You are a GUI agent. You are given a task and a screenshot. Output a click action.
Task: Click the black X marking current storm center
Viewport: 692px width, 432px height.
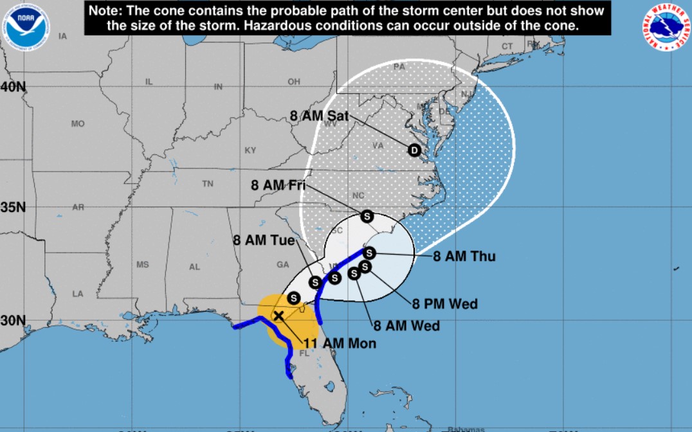tap(279, 316)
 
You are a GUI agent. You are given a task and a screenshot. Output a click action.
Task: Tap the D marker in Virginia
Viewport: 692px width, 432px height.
tap(415, 150)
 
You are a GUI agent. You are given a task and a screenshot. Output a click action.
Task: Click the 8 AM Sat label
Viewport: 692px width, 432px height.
tap(319, 116)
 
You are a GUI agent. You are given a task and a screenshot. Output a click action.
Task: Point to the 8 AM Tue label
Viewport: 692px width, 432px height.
tap(264, 240)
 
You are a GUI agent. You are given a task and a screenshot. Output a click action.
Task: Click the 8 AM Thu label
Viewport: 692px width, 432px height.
tap(464, 256)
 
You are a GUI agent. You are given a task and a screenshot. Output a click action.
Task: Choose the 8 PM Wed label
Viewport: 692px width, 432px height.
tap(445, 303)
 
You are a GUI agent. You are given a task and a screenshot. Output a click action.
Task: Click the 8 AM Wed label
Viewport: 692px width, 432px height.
tap(408, 326)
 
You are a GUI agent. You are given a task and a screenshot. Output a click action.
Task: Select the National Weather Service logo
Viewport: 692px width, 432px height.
tap(665, 27)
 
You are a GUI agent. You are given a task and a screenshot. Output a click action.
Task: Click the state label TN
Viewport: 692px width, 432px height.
tap(208, 184)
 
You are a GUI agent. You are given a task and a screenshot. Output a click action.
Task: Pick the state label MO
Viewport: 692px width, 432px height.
tap(78, 123)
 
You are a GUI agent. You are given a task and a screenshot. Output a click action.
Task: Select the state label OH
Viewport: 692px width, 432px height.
tap(294, 82)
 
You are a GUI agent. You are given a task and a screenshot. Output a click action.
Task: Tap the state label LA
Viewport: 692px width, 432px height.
tap(78, 294)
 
